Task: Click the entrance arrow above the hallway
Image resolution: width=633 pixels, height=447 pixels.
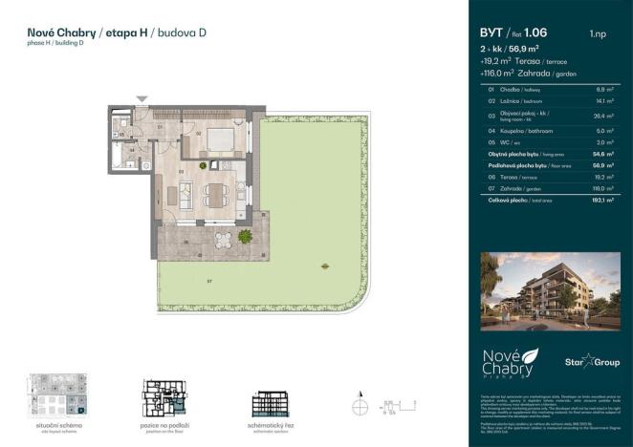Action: [x=142, y=98]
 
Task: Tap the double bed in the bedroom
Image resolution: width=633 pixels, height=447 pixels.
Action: [x=220, y=138]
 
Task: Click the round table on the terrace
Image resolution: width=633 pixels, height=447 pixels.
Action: [x=223, y=239]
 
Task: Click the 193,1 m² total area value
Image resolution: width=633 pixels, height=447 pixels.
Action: [x=601, y=201]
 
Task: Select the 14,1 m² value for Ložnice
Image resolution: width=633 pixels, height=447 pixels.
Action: [x=603, y=99]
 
